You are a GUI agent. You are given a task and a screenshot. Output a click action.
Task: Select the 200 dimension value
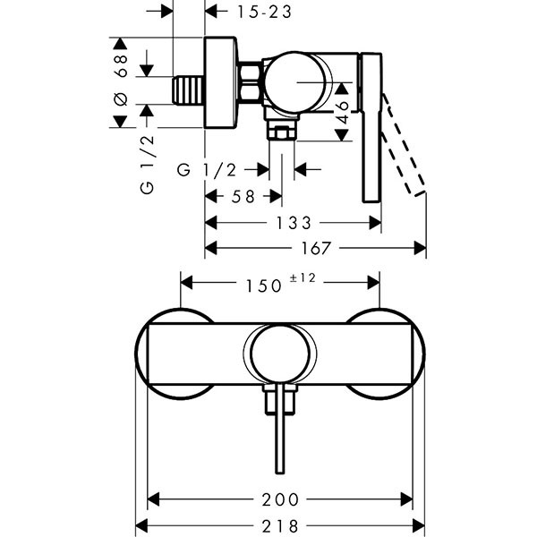click(x=282, y=499)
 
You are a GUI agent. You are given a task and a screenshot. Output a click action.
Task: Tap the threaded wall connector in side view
click(x=187, y=91)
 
